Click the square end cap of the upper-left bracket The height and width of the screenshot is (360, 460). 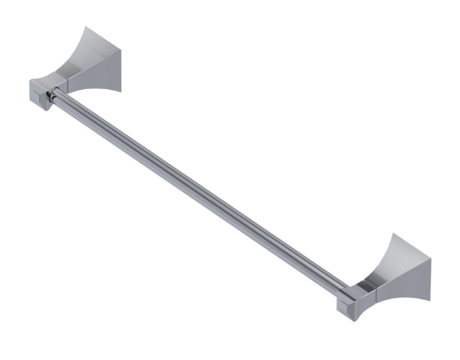(x=40, y=94)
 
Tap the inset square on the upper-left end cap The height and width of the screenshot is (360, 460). (x=47, y=97)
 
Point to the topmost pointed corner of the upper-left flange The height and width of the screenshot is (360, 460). (x=85, y=27)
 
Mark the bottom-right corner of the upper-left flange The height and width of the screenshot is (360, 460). (x=123, y=89)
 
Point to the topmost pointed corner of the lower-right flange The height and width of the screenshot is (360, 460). (x=395, y=234)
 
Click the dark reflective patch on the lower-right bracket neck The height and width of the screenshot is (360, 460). (x=365, y=288)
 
